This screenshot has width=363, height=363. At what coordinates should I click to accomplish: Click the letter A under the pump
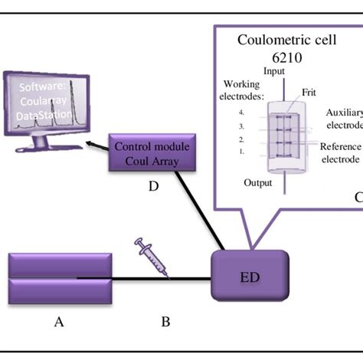pos(59,322)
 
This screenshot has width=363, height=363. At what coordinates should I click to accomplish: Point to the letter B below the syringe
pos(165,322)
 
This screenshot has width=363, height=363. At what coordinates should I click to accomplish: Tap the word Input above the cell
pos(274,70)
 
